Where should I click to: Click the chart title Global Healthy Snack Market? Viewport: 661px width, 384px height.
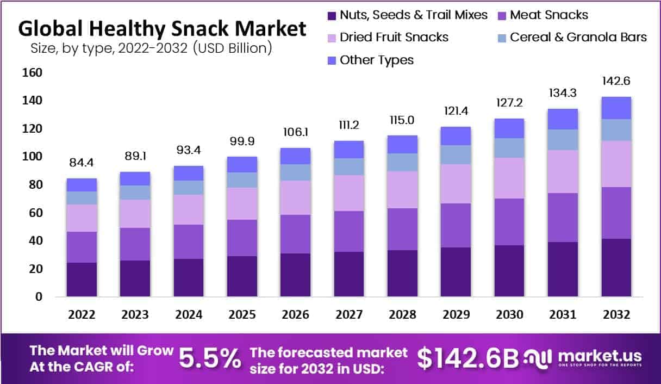click(x=162, y=28)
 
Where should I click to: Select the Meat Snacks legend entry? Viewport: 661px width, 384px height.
click(x=549, y=15)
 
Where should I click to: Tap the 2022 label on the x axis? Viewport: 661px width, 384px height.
click(x=82, y=315)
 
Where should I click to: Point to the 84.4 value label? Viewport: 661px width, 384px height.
click(x=82, y=163)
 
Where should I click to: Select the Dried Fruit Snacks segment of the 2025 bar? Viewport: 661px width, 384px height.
click(x=242, y=203)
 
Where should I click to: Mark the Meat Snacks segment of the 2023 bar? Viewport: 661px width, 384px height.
click(x=135, y=244)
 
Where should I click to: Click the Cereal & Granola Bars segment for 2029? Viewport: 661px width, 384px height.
click(x=455, y=154)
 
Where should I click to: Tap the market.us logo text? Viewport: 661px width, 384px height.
click(x=600, y=356)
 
